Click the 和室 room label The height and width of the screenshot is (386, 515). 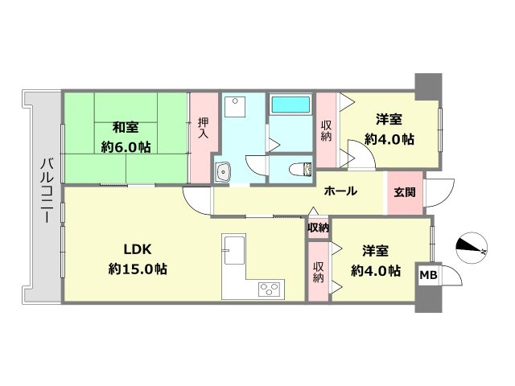click(124, 126)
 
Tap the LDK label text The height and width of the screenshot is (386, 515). click(138, 248)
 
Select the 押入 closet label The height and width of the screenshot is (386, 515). click(203, 129)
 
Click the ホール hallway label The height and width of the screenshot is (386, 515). click(340, 191)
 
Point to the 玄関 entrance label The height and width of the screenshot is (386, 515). click(405, 192)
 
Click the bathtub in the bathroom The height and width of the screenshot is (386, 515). click(290, 105)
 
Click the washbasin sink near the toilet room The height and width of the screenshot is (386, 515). click(223, 170)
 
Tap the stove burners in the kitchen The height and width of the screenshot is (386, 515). click(268, 287)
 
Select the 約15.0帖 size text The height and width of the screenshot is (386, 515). click(138, 269)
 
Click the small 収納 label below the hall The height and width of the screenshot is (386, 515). click(318, 228)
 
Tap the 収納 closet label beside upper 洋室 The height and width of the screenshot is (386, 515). click(326, 130)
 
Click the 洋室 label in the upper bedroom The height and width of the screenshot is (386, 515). click(389, 120)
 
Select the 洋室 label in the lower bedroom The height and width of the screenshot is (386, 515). click(374, 250)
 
